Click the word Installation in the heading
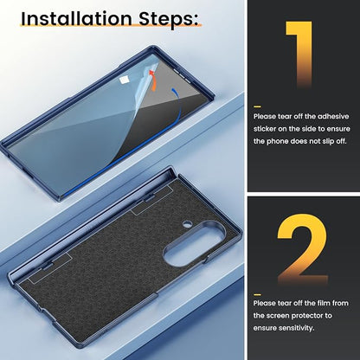pos(76,18)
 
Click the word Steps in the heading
pos(168,19)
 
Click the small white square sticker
pos(124,80)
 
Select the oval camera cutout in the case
pos(194,243)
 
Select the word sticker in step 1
pos(265,129)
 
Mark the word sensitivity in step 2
pos(296,328)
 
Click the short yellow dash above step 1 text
pos(257,106)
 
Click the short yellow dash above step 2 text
pos(257,294)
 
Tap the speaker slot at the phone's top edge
pos(182,75)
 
